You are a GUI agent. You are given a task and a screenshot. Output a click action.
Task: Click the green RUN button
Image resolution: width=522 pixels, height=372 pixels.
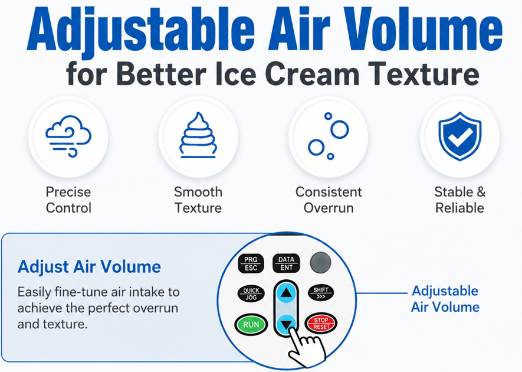(251, 324)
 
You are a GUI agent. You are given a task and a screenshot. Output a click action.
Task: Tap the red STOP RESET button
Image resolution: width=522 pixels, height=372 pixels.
(321, 324)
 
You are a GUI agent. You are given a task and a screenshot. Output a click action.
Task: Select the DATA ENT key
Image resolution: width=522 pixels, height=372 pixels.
(286, 263)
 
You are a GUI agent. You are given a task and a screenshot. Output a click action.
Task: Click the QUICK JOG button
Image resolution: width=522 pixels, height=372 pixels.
(251, 293)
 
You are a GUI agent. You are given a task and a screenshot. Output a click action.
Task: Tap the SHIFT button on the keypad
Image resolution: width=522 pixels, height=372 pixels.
(321, 293)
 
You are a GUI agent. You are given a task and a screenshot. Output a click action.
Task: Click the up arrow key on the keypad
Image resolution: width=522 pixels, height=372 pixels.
(286, 293)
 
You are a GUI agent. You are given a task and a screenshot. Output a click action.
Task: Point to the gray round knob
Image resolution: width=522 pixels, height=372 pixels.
(321, 263)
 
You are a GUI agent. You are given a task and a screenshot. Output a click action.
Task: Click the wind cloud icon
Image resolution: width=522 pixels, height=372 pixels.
(68, 136)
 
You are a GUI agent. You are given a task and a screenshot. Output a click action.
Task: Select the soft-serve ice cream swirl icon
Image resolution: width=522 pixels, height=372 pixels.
(198, 135)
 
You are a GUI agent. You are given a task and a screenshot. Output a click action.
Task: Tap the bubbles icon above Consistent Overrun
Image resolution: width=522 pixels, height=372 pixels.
(329, 136)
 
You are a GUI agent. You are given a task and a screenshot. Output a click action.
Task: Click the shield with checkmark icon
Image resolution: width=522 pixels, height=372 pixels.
(459, 136)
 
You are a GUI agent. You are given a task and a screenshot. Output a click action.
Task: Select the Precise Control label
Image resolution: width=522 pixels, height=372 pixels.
(68, 200)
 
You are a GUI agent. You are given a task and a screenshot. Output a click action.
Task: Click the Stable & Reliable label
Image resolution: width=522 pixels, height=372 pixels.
(459, 200)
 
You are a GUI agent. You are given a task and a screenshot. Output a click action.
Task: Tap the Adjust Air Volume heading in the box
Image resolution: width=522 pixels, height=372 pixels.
(89, 267)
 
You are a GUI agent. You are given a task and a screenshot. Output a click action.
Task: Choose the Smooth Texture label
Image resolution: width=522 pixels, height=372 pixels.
(198, 200)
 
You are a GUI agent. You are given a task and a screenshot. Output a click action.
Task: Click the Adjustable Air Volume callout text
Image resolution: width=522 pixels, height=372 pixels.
(445, 299)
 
